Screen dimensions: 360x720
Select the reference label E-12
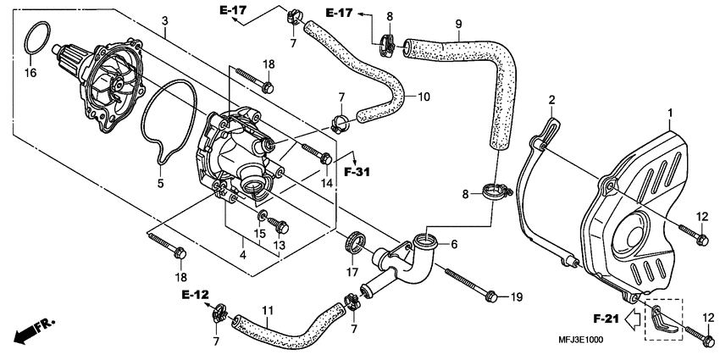point(193,294)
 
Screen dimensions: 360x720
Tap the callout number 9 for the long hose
point(458,25)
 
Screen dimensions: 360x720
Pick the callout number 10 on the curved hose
point(423,97)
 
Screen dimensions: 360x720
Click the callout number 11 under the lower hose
point(267,310)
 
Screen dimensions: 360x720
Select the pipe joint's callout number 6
point(453,244)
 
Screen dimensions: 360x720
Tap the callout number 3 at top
point(164,19)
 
